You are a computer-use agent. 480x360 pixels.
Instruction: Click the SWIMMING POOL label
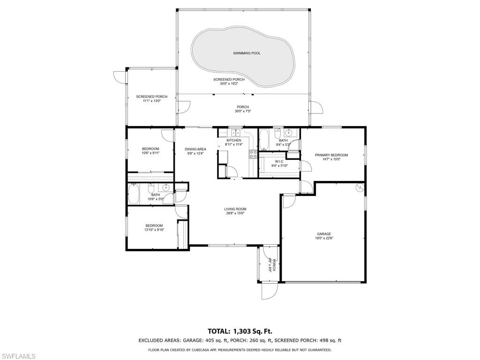tap(247, 53)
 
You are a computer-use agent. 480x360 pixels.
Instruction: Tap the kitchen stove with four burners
tap(253, 155)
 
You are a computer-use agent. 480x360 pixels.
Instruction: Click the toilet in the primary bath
tap(277, 132)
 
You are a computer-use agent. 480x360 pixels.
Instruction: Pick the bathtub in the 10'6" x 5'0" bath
tap(134, 195)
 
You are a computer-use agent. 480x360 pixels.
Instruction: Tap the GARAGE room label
tap(324, 234)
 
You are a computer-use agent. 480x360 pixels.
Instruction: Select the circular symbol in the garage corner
tap(360, 188)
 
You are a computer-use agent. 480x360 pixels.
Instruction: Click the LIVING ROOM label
tap(235, 209)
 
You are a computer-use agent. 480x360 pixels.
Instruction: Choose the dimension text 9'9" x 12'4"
tap(195, 153)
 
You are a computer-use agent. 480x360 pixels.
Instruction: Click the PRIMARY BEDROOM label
tap(331, 155)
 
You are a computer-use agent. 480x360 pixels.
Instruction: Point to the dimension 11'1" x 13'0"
tap(151, 101)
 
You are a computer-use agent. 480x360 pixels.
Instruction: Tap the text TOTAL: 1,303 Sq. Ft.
tap(240, 331)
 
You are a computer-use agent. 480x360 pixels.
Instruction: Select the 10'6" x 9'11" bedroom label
tap(150, 149)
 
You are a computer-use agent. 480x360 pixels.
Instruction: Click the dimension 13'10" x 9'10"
tap(154, 230)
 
